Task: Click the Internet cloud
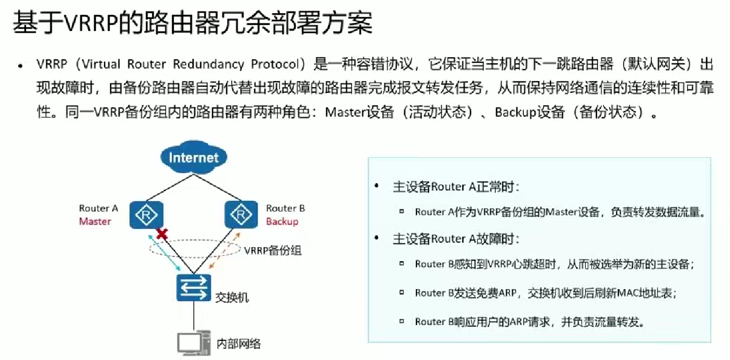pos(193,158)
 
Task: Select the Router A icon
pos(146,214)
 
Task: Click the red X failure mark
pos(161,234)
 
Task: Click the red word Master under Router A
pos(95,221)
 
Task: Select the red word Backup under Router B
pos(282,221)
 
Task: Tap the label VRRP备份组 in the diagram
pos(273,251)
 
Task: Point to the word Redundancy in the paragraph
pos(209,64)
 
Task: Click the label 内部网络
pos(239,344)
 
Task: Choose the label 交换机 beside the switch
pos(232,298)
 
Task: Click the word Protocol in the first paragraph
pos(276,64)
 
